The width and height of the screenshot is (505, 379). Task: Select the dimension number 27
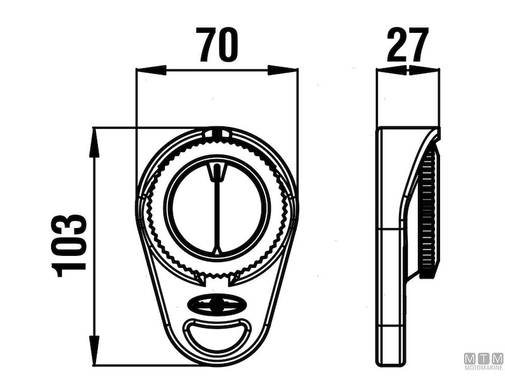point(408,44)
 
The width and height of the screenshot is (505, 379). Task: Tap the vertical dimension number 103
point(69,246)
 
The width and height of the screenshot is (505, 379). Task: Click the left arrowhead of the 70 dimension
point(151,70)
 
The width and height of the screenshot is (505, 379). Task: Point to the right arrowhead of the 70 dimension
point(282,70)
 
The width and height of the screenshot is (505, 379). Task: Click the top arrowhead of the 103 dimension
point(93,143)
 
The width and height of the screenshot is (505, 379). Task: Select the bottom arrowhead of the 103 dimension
point(93,350)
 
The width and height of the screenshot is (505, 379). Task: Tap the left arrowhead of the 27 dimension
point(392,70)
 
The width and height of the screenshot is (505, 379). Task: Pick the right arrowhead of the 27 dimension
point(424,70)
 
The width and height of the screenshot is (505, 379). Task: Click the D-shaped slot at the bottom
point(216,335)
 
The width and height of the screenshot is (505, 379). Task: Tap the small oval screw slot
point(215,304)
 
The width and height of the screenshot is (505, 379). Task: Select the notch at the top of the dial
point(218,134)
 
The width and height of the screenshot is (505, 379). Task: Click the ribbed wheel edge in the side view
point(429,214)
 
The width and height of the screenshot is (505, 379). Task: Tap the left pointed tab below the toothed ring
point(199,279)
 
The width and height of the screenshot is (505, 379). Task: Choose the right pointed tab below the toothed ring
point(234,279)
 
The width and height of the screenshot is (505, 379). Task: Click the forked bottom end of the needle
point(217,250)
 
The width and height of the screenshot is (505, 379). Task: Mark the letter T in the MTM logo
point(484,359)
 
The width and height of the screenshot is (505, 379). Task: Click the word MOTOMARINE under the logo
point(484,368)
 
